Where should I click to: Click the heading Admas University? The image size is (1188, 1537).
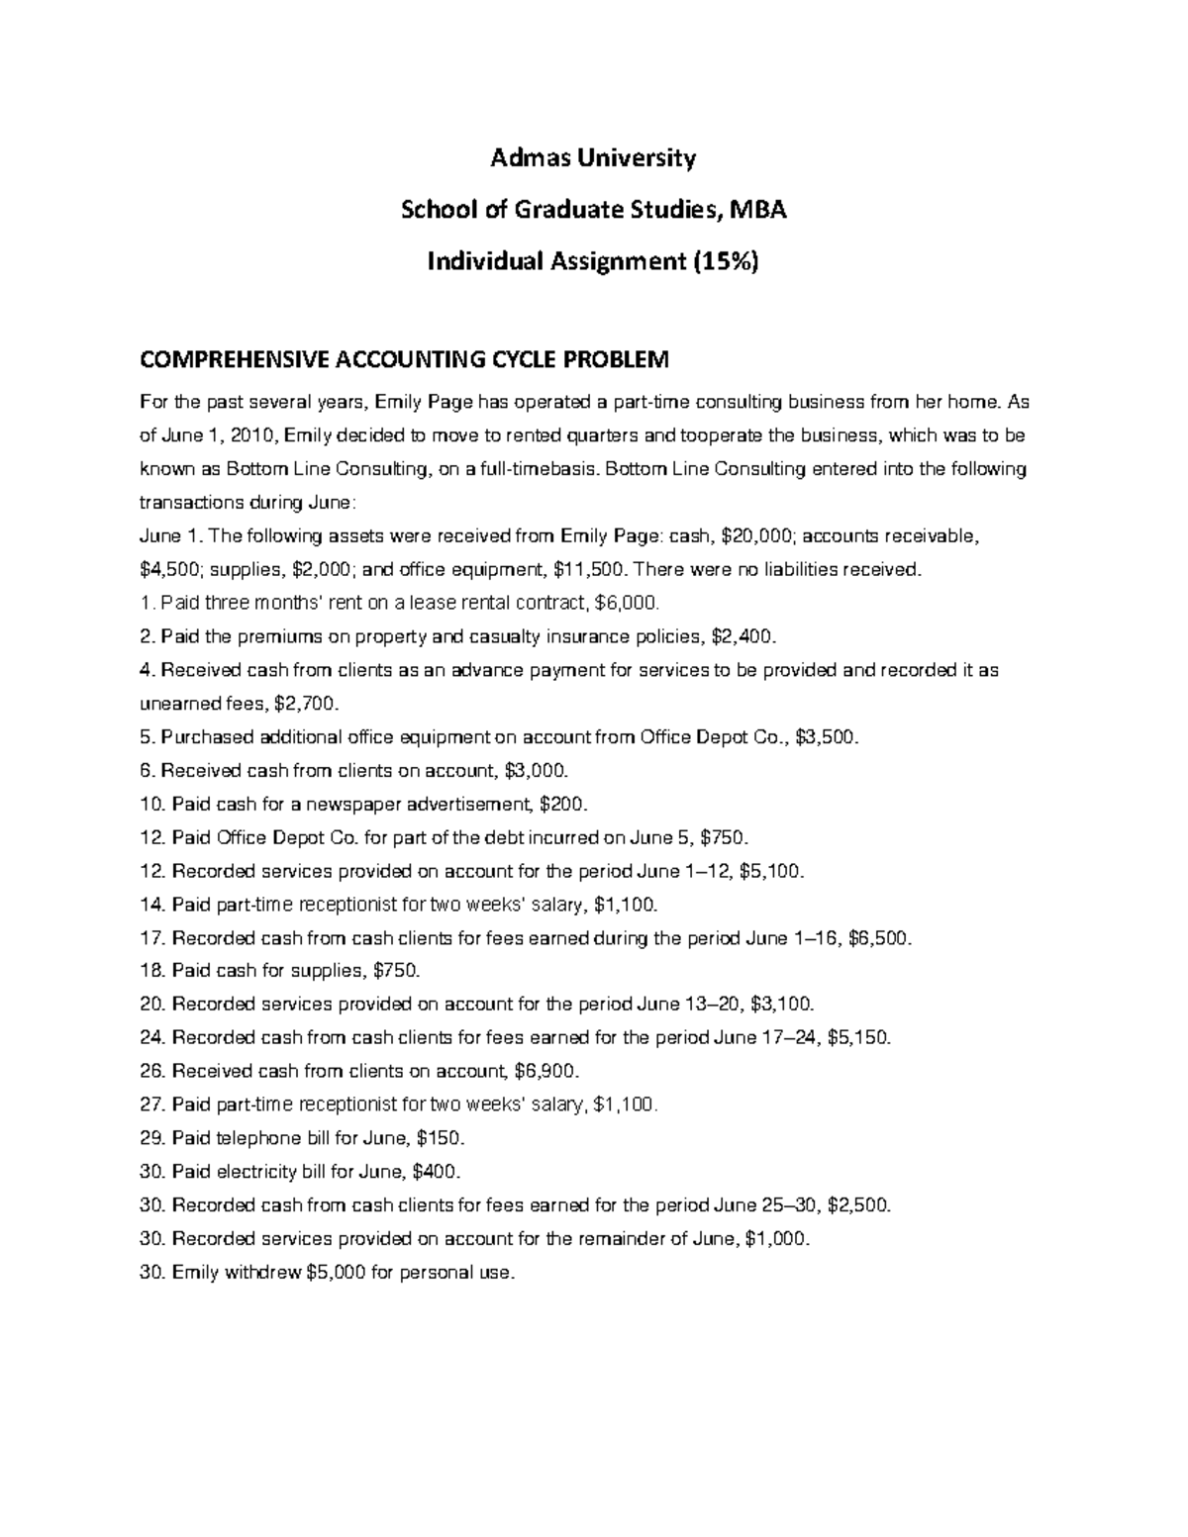coord(594,157)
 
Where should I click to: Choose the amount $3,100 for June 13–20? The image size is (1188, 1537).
coord(782,1005)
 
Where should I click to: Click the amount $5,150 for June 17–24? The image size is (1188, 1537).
coord(857,1038)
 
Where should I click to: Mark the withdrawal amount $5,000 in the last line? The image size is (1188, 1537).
coord(337,1272)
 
